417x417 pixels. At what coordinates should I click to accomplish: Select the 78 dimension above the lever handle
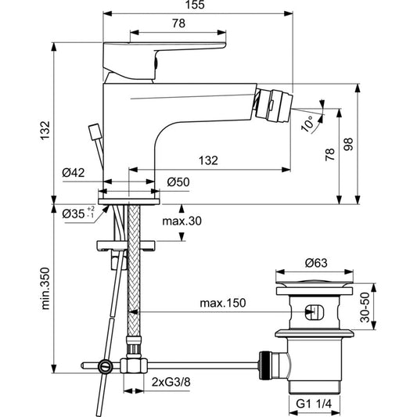coord(178,24)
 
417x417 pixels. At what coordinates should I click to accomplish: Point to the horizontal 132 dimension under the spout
coord(207,160)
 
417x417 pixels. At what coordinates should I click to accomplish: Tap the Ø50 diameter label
coord(179,182)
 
